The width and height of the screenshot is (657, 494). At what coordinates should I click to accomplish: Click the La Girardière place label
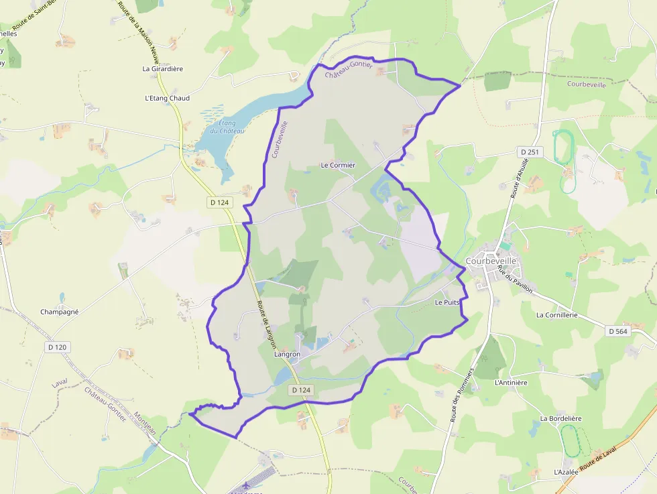click(162, 68)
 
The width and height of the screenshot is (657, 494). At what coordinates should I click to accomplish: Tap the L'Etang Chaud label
click(167, 98)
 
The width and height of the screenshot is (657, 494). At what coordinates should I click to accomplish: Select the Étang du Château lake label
click(227, 126)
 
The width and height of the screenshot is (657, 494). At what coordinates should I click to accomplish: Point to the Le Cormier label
click(338, 165)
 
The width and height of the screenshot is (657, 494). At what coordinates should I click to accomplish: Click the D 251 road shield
click(529, 153)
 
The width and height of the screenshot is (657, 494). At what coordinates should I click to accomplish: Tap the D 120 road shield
click(58, 347)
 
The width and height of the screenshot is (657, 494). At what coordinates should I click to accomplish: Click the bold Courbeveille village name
click(491, 261)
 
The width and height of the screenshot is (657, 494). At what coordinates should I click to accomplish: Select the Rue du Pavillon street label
click(515, 279)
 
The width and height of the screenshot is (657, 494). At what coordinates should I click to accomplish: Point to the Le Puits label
click(447, 302)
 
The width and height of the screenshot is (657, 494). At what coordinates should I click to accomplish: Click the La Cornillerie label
click(556, 314)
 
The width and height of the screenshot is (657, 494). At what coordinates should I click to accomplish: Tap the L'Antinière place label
click(511, 383)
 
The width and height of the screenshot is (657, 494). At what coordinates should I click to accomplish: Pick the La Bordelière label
click(560, 418)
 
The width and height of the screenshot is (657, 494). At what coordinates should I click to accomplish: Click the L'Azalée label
click(566, 472)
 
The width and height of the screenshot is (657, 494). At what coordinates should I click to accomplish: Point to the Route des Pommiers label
click(463, 395)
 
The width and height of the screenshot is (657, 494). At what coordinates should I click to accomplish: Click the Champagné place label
click(60, 312)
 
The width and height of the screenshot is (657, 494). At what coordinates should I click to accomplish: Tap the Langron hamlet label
click(287, 354)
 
